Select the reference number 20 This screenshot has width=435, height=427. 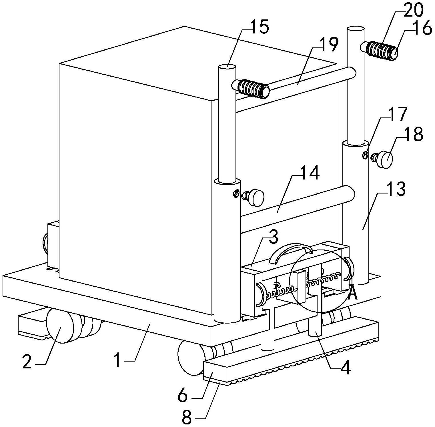pos(413,11)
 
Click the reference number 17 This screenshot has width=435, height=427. pos(398,114)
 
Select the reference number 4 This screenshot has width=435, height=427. pos(345,369)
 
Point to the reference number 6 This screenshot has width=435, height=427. pos(182,396)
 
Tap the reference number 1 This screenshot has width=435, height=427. pos(117,360)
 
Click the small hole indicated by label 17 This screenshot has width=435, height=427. pos(365,155)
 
